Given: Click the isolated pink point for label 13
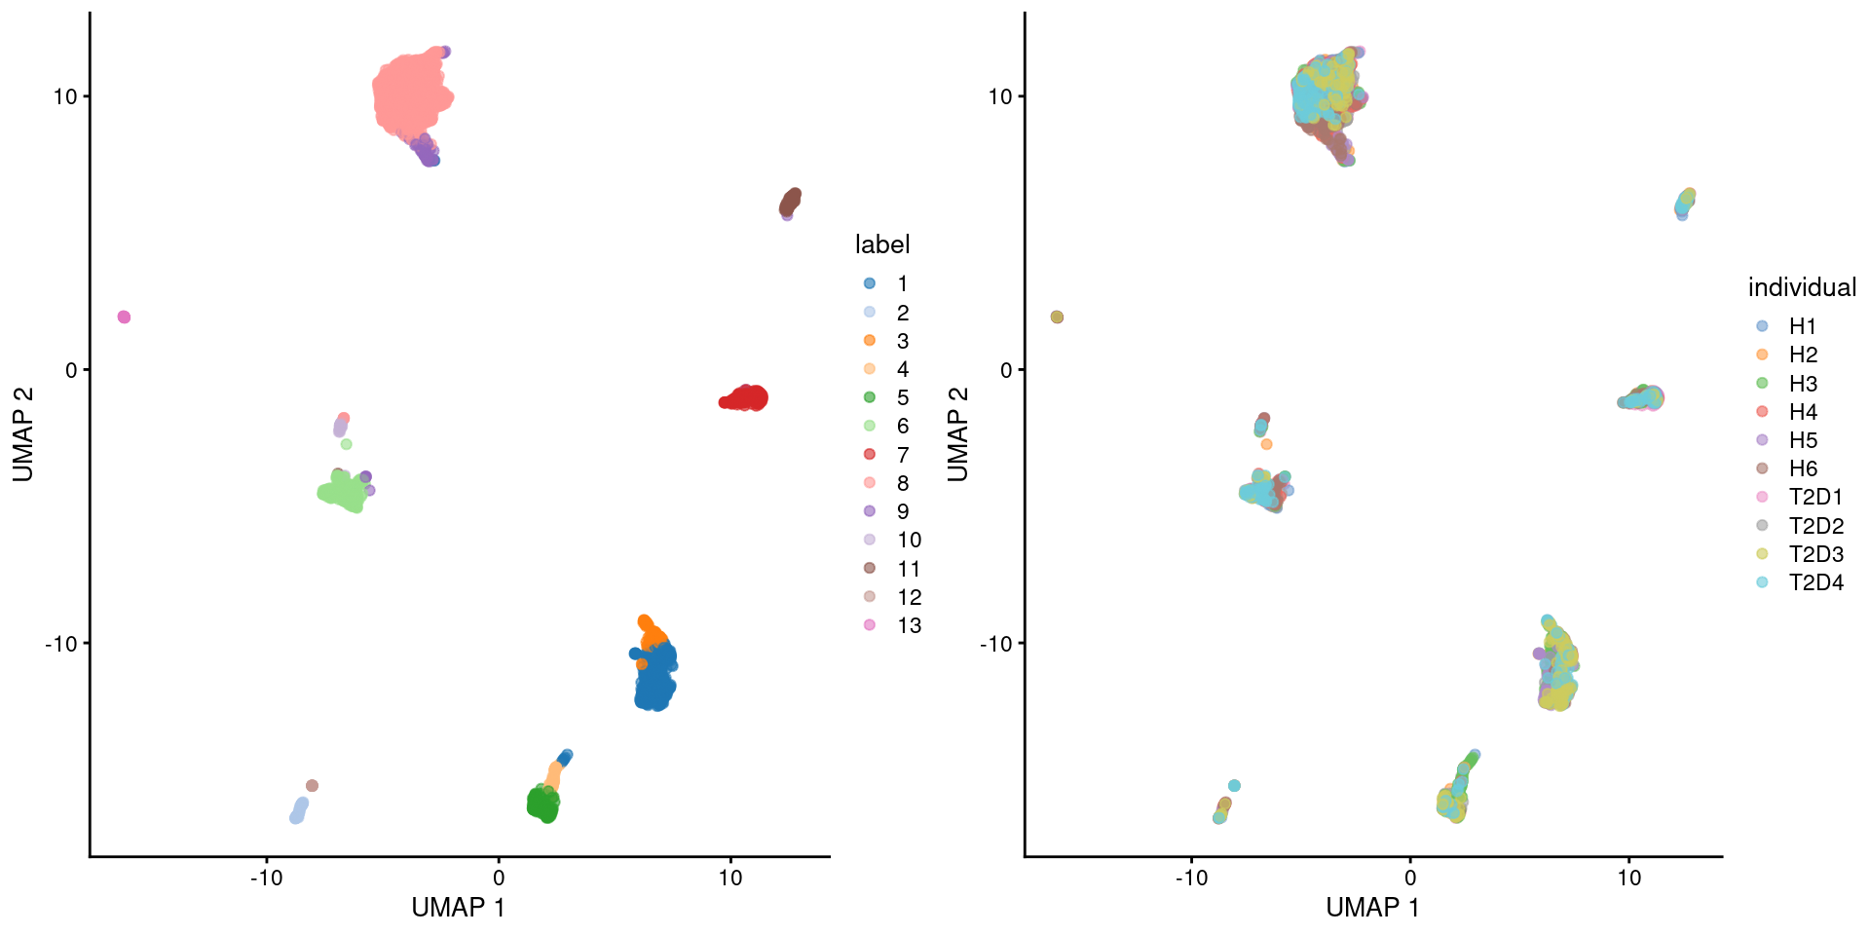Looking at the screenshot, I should pos(124,317).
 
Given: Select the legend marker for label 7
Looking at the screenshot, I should pos(870,455).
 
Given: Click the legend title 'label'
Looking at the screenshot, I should pos(882,244).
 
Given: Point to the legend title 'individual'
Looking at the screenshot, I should pos(1802,287).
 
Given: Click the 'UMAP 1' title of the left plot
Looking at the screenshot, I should pos(458,908).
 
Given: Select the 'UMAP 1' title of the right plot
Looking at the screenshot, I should pos(1372,908).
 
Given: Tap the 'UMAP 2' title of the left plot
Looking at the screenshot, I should pos(23,434).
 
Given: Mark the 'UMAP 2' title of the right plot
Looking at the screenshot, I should pos(958,434).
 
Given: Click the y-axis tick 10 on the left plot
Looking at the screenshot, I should pos(64,96).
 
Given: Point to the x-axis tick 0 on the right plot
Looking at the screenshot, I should pos(1409,878).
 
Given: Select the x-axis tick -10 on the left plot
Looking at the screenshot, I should pos(266,878).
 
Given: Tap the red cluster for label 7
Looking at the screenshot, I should pos(746,397).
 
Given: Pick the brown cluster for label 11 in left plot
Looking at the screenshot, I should pos(790,202).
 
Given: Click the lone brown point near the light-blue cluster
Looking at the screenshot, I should pos(312,785).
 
